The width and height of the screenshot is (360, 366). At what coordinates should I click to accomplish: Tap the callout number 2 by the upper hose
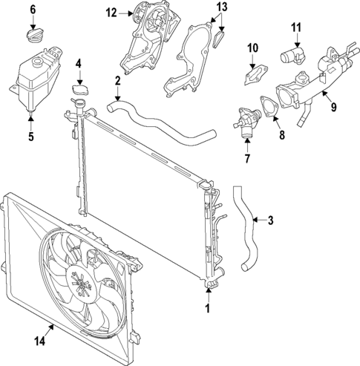tap(118, 80)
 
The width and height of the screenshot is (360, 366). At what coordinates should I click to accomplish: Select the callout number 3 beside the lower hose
tap(270, 220)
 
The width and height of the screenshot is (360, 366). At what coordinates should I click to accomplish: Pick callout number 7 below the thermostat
tap(249, 159)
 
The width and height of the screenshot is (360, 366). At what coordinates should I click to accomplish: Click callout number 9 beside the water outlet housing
tap(333, 107)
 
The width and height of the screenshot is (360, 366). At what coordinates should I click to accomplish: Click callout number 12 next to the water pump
tap(111, 13)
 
